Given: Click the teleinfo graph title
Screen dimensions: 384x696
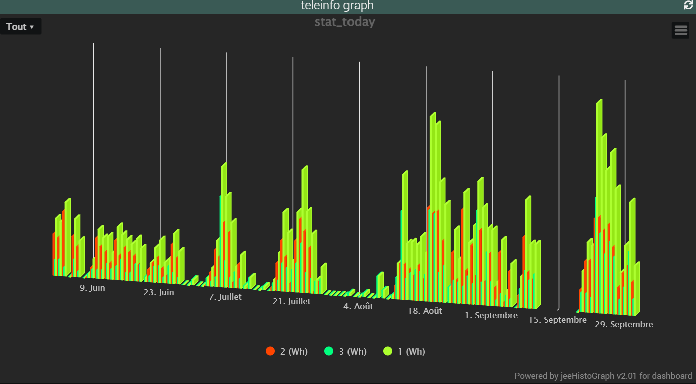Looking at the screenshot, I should pos(337,6).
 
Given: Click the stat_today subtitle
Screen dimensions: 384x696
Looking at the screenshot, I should pos(344,22).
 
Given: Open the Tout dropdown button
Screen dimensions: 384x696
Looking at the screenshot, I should pos(20,27).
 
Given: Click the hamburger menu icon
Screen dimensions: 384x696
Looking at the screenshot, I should pos(681,30).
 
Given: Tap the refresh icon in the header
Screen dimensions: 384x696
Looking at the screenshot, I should pos(688,5).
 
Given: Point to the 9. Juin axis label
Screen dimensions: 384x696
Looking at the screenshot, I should pos(92,288).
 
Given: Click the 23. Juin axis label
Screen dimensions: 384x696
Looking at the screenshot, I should pos(159,292).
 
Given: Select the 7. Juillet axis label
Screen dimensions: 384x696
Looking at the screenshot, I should pos(225,297).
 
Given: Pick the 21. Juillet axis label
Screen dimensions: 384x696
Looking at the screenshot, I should pos(291,301).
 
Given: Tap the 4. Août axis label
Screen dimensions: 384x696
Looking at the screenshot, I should pos(358,306).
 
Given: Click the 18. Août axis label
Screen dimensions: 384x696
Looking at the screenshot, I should pos(425,311).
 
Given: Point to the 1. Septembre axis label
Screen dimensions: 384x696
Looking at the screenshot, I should pos(491,315).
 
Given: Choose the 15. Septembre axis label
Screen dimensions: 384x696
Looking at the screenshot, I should pos(557,320).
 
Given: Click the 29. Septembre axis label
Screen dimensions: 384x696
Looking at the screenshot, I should pos(624,324).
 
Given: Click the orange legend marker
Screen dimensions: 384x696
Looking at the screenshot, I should pos(270,351).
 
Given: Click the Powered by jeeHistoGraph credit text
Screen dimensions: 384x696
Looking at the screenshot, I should pos(603,376).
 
